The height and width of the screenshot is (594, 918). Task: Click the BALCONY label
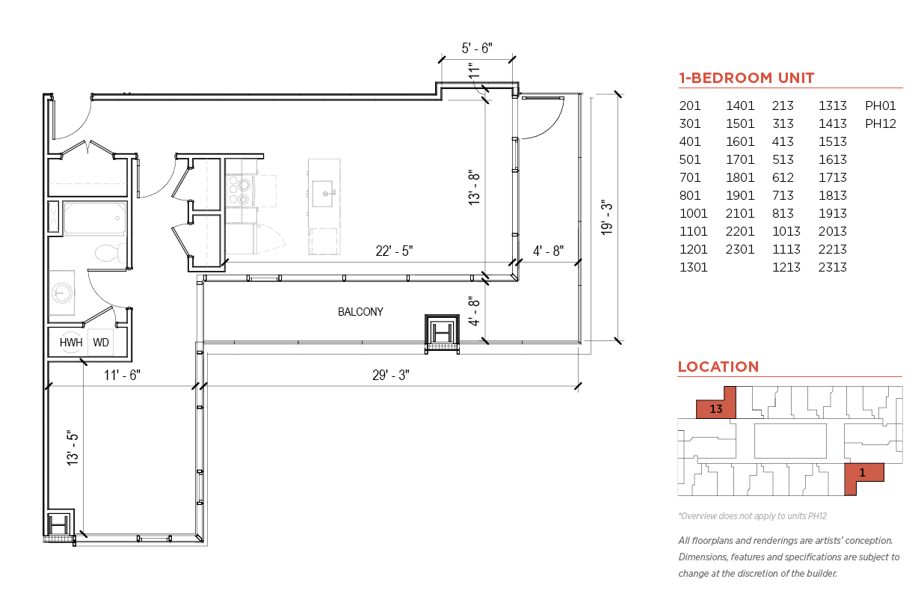[360, 312]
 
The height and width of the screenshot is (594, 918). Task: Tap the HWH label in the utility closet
[71, 342]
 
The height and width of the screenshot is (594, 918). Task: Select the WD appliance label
[101, 342]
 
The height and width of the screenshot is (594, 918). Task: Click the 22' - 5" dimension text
[394, 251]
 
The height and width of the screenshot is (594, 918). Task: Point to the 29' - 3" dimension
[391, 375]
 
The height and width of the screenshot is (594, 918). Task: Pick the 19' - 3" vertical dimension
[606, 218]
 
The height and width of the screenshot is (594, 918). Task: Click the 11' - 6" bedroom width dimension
[122, 375]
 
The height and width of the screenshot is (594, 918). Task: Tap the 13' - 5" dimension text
[72, 448]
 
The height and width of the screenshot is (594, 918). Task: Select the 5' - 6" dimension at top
[477, 48]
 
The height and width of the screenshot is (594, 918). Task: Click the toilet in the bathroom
[111, 253]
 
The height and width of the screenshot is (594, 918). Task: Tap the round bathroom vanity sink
[62, 293]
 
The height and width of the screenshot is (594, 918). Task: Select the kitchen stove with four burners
[238, 190]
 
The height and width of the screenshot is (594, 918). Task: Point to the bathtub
[95, 218]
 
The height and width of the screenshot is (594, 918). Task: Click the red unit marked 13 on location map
[717, 404]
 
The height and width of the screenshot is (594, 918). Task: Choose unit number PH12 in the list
[881, 123]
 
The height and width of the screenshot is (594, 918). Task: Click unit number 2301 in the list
[740, 249]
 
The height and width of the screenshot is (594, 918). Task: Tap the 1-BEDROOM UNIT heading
[746, 78]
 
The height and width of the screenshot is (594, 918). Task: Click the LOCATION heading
[718, 367]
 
